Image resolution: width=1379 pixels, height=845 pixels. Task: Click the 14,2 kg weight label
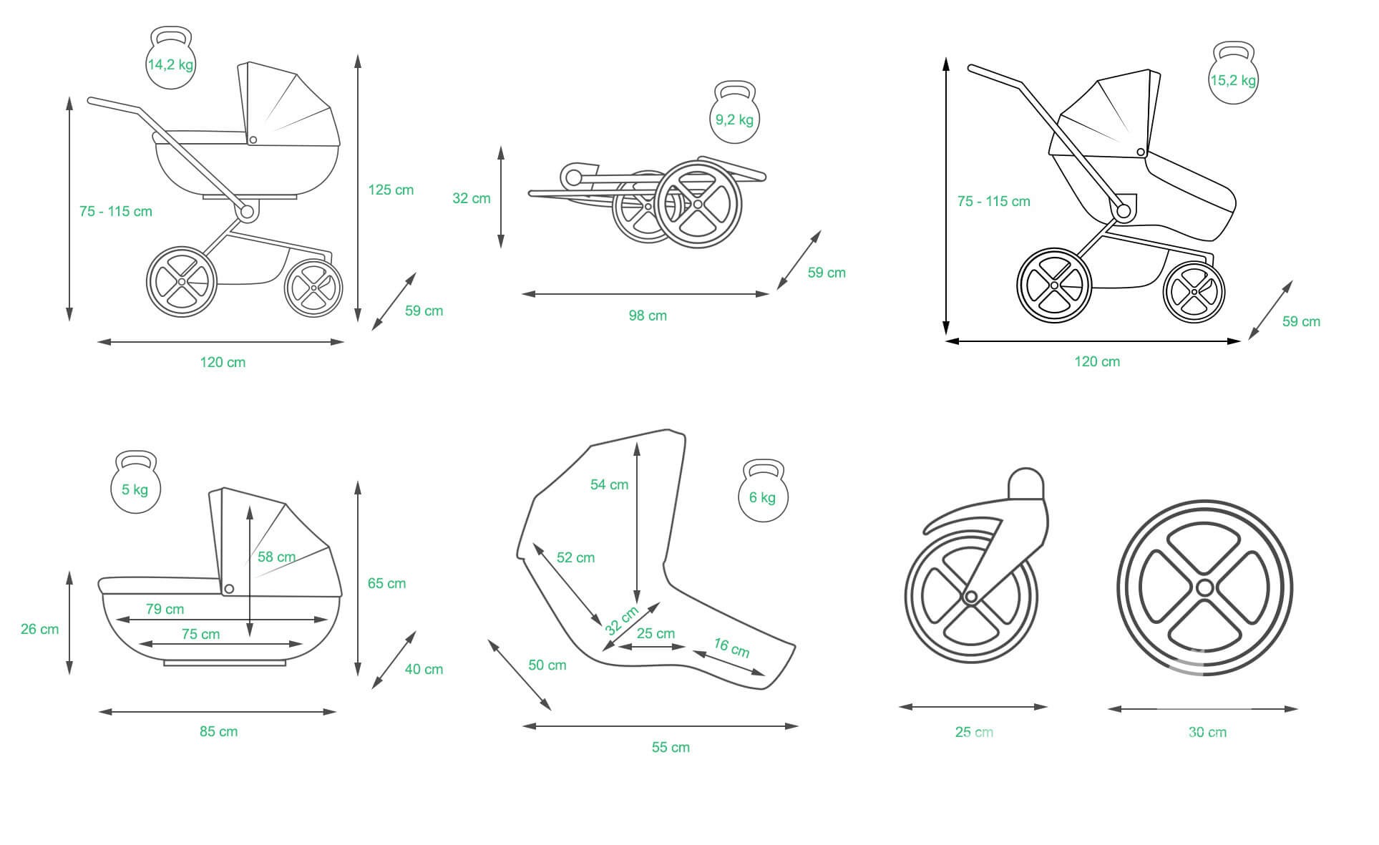point(170,64)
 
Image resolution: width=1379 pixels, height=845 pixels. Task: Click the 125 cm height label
point(391,190)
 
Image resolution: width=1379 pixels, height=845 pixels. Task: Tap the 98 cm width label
point(648,316)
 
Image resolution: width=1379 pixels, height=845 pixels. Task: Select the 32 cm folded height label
point(472,198)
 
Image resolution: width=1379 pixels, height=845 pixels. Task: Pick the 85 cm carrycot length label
point(218,731)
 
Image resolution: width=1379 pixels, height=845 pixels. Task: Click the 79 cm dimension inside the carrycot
point(165,609)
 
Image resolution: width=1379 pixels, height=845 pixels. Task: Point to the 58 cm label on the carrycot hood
point(276,557)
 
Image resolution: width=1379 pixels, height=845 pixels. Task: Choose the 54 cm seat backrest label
point(609,484)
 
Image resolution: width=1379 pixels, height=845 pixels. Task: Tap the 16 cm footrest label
point(731,648)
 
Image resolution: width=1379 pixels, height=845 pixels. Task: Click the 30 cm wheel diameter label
point(1207,732)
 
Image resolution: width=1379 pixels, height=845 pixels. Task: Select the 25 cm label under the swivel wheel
point(974,732)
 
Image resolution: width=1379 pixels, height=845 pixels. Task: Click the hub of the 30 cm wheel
point(1204,588)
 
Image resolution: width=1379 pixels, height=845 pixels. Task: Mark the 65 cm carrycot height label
point(386,583)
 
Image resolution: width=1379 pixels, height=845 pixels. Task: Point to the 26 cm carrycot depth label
point(40,629)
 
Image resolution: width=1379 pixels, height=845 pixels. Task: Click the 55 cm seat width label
point(671,747)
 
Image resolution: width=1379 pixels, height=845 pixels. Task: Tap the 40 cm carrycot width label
point(424,669)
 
